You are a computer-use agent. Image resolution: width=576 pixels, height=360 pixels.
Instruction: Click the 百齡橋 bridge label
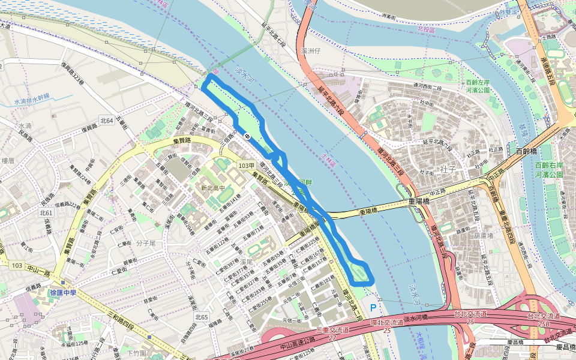528,152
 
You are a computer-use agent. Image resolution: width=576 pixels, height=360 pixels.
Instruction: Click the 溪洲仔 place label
312,51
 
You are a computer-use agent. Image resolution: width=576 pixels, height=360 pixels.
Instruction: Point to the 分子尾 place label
146,243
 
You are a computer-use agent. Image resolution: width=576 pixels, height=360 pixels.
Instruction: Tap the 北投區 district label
425,28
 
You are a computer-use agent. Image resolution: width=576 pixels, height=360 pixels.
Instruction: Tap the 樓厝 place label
8,161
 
